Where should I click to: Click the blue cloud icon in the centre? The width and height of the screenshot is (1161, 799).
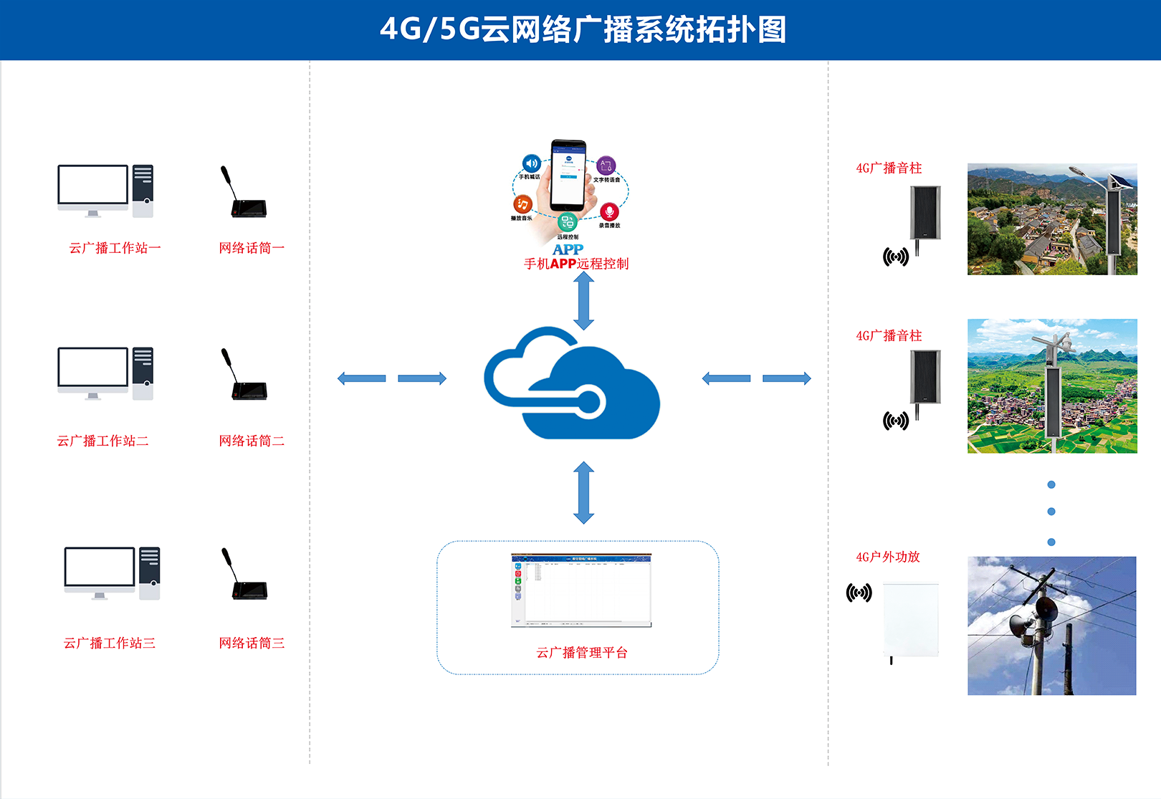(x=572, y=383)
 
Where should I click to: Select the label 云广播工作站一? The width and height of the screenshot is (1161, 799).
(x=115, y=248)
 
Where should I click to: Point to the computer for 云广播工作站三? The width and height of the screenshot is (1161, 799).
(x=112, y=573)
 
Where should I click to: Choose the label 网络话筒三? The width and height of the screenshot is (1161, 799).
(x=252, y=643)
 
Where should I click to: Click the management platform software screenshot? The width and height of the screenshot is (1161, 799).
(x=581, y=590)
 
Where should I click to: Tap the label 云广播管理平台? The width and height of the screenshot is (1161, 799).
(x=582, y=652)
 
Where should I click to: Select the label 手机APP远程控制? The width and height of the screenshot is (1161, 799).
(x=576, y=264)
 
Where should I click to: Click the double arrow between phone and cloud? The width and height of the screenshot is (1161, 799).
(x=584, y=301)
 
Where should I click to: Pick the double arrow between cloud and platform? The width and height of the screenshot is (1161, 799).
(x=584, y=492)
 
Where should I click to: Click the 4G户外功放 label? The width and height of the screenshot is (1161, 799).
(x=888, y=557)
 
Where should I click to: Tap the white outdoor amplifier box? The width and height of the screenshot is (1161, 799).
(x=910, y=621)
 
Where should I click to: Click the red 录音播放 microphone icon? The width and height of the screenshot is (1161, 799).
(x=609, y=211)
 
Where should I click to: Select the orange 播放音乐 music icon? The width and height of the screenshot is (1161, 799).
(x=523, y=205)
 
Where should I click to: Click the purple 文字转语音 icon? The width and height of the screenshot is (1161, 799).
(x=606, y=166)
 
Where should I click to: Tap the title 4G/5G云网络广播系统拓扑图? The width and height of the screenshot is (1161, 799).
(x=582, y=30)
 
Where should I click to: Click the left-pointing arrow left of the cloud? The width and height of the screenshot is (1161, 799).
(x=362, y=378)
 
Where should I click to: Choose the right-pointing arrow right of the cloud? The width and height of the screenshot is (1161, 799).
(x=786, y=378)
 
